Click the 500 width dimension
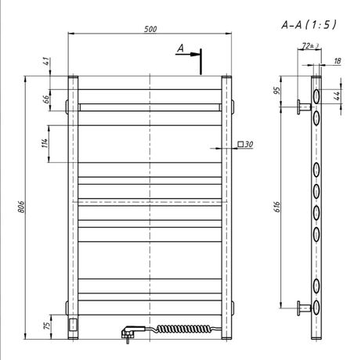[150, 29]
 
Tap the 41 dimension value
[45, 61]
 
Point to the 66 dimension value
[45, 98]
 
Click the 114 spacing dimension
[45, 143]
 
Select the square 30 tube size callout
[244, 145]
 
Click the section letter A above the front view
[180, 49]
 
